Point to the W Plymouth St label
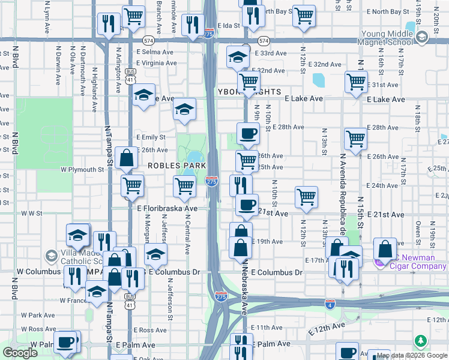pos(82,170)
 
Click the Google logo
pos(20,353)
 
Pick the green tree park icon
pos(421,341)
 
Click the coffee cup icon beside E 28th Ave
pos(247,133)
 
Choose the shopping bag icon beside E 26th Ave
pos(125,158)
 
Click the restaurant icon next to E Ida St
pos(192,25)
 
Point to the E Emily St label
pos(151,137)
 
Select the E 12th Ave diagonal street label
pos(327,328)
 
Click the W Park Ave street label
pos(38,314)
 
